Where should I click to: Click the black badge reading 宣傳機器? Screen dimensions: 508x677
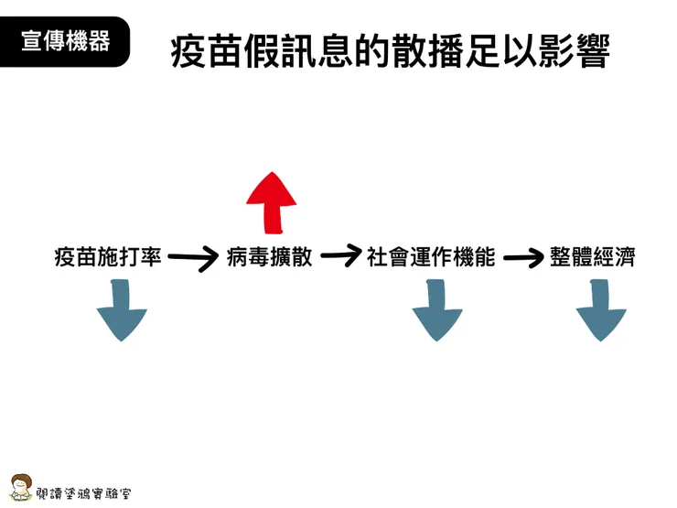(65, 41)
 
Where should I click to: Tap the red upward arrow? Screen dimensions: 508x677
(272, 203)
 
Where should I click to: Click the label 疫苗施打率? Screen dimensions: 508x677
(108, 258)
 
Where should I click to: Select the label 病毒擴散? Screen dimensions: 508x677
(269, 258)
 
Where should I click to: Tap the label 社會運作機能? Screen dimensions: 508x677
(431, 258)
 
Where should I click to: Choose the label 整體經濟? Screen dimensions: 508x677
(593, 258)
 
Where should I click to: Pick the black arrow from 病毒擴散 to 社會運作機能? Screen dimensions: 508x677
(339, 256)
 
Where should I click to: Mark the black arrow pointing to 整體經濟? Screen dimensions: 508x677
(522, 258)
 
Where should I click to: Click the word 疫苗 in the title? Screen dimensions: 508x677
(206, 53)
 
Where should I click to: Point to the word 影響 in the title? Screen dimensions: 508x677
(574, 53)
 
